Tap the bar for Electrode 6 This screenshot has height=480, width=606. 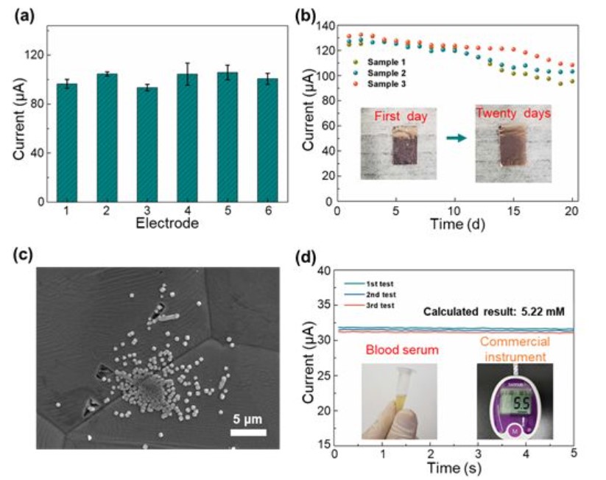pyautogui.click(x=267, y=140)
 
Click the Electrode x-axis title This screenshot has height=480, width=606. pyautogui.click(x=167, y=223)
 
